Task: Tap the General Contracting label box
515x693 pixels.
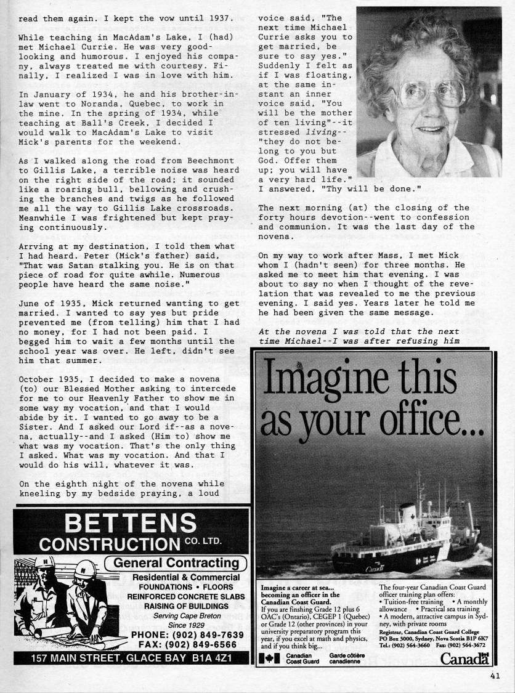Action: click(176, 563)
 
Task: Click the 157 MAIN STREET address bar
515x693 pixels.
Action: click(131, 659)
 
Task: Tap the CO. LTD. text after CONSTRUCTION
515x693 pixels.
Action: click(203, 542)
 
